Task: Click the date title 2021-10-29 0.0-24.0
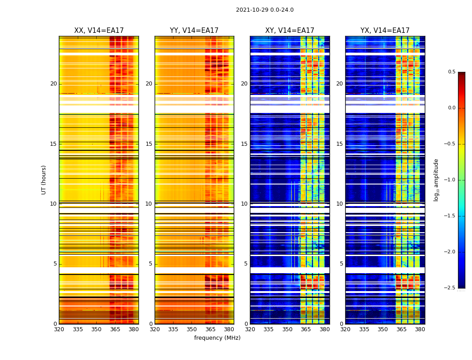point(265,10)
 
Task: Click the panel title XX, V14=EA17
point(99,31)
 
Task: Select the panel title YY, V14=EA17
point(194,31)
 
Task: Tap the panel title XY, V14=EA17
point(289,31)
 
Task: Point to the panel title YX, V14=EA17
point(385,31)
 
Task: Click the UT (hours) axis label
point(44,180)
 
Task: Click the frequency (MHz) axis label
point(217,338)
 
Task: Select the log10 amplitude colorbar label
point(436,180)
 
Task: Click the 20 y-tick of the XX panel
point(53,84)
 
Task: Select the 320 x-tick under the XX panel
point(59,329)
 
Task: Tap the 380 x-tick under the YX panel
point(420,329)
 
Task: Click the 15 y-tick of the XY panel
point(244,144)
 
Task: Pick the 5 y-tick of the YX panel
point(341,264)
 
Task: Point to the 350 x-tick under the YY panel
point(191,329)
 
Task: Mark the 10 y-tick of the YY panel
point(149,204)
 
